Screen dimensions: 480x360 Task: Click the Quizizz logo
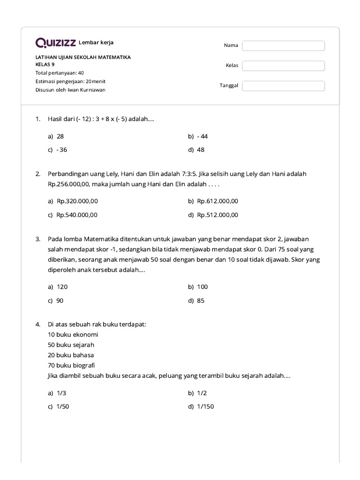pyautogui.click(x=56, y=43)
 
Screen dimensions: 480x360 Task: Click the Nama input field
pyautogui.click(x=283, y=45)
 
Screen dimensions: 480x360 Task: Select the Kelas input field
pyautogui.click(x=283, y=66)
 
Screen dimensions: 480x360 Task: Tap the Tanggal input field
pyautogui.click(x=283, y=86)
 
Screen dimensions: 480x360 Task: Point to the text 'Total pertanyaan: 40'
pyautogui.click(x=60, y=73)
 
